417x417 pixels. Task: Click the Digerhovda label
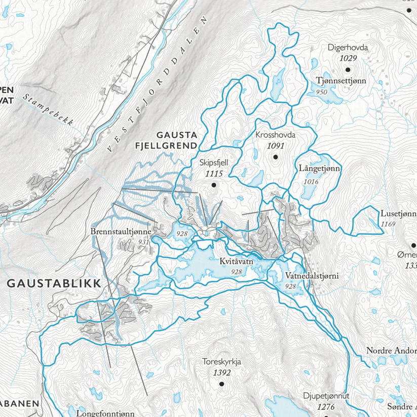pos(347,48)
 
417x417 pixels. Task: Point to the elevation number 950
pos(321,92)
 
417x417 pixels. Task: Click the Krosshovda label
pos(275,136)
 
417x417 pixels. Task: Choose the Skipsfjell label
pos(214,163)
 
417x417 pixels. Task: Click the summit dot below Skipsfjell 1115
pos(214,185)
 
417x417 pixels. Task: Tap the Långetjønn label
pos(319,168)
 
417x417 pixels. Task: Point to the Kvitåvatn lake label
pos(237,262)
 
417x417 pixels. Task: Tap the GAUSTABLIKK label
pos(54,283)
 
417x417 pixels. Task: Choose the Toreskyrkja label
pos(221,362)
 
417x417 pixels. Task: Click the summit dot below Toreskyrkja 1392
pos(221,384)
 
